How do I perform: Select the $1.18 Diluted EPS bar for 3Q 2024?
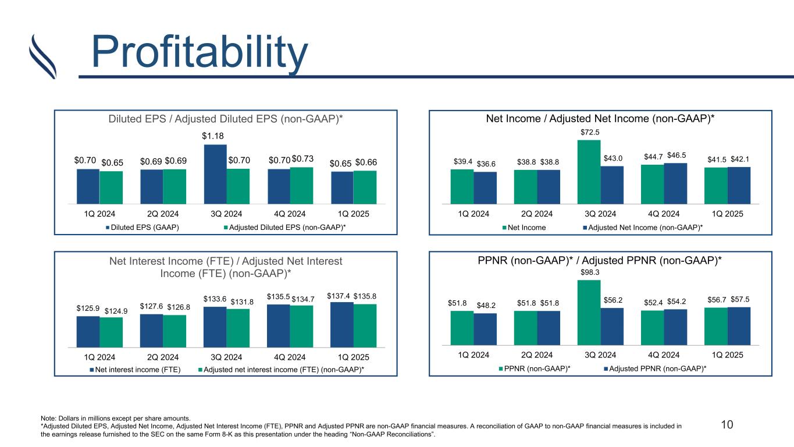click(x=215, y=173)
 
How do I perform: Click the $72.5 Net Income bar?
click(x=589, y=172)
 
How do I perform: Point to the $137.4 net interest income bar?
click(x=342, y=323)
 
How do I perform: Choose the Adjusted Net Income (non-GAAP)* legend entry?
click(x=643, y=227)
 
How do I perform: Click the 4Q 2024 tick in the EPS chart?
click(x=290, y=213)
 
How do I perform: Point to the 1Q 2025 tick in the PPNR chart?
click(x=727, y=354)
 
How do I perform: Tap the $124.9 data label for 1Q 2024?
click(x=116, y=311)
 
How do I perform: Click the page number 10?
click(x=727, y=424)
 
